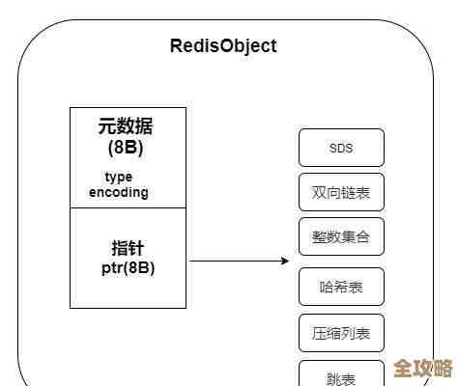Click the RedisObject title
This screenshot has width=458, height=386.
[x=222, y=45]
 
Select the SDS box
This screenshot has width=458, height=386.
[x=341, y=148]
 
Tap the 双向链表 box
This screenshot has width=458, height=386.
[x=341, y=192]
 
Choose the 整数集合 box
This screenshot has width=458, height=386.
[x=341, y=236]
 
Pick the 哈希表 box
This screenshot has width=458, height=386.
[x=341, y=287]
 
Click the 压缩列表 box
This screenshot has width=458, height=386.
[x=341, y=333]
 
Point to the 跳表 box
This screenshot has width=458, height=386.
[x=341, y=374]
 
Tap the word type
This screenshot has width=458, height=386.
[x=118, y=178]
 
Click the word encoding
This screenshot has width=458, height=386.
[x=119, y=192]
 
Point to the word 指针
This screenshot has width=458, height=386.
[x=128, y=247]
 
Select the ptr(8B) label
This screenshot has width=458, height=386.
[x=128, y=267]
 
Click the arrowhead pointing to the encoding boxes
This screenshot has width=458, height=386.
[x=285, y=261]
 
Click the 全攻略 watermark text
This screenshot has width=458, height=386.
[x=423, y=369]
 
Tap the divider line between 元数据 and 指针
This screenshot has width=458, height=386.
[x=128, y=207]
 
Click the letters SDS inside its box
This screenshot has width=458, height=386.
[x=341, y=148]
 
